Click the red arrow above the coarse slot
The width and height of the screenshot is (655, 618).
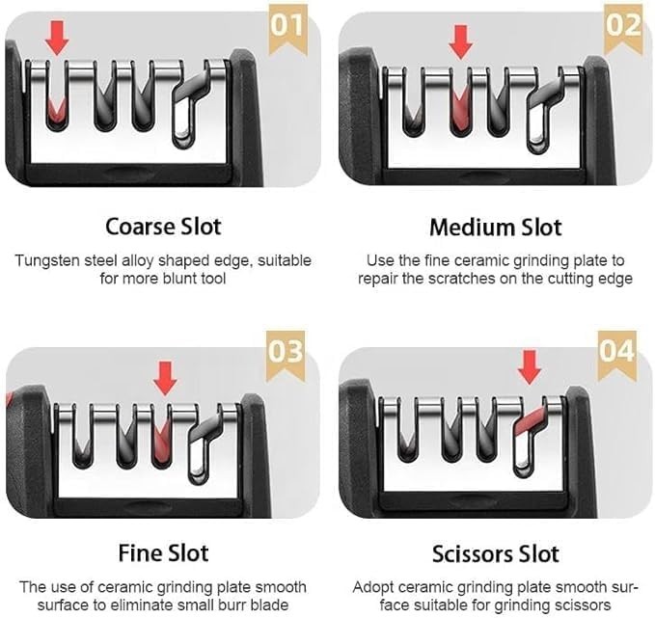[57, 38]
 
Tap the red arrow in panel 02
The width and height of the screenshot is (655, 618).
[461, 41]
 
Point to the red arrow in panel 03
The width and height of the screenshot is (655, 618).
[165, 378]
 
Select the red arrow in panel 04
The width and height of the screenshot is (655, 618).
[530, 367]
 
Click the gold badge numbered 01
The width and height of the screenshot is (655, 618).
[287, 28]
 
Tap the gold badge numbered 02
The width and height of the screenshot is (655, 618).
[623, 28]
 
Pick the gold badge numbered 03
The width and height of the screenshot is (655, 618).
[286, 355]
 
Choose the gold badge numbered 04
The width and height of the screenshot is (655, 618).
[617, 355]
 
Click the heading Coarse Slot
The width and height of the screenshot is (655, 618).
[163, 227]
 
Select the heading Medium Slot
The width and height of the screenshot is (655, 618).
[496, 228]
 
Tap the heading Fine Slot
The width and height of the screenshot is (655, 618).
[163, 553]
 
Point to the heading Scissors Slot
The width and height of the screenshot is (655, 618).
[496, 554]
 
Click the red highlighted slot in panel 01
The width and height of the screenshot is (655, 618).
[56, 111]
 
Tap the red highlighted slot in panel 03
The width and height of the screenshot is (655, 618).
[162, 443]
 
